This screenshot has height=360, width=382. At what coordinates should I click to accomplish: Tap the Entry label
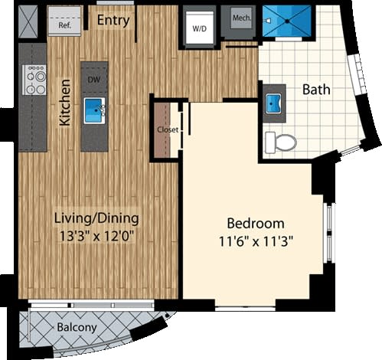[113, 19]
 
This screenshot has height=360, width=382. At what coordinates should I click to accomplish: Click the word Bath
[316, 90]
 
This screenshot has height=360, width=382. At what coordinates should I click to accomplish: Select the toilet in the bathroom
[280, 142]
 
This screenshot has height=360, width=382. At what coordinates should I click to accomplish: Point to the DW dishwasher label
[94, 79]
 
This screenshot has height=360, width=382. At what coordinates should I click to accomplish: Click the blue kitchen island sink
[94, 107]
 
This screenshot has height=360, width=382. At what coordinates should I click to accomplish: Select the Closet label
[168, 129]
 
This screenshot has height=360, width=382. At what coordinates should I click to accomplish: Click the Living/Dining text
[96, 219]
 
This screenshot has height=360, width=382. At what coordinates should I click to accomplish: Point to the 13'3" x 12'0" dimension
[96, 237]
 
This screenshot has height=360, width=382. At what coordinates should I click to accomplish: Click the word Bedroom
[256, 224]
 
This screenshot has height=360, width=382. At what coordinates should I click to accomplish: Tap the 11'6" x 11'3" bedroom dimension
[256, 241]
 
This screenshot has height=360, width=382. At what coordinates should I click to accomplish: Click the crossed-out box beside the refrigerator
[28, 21]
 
